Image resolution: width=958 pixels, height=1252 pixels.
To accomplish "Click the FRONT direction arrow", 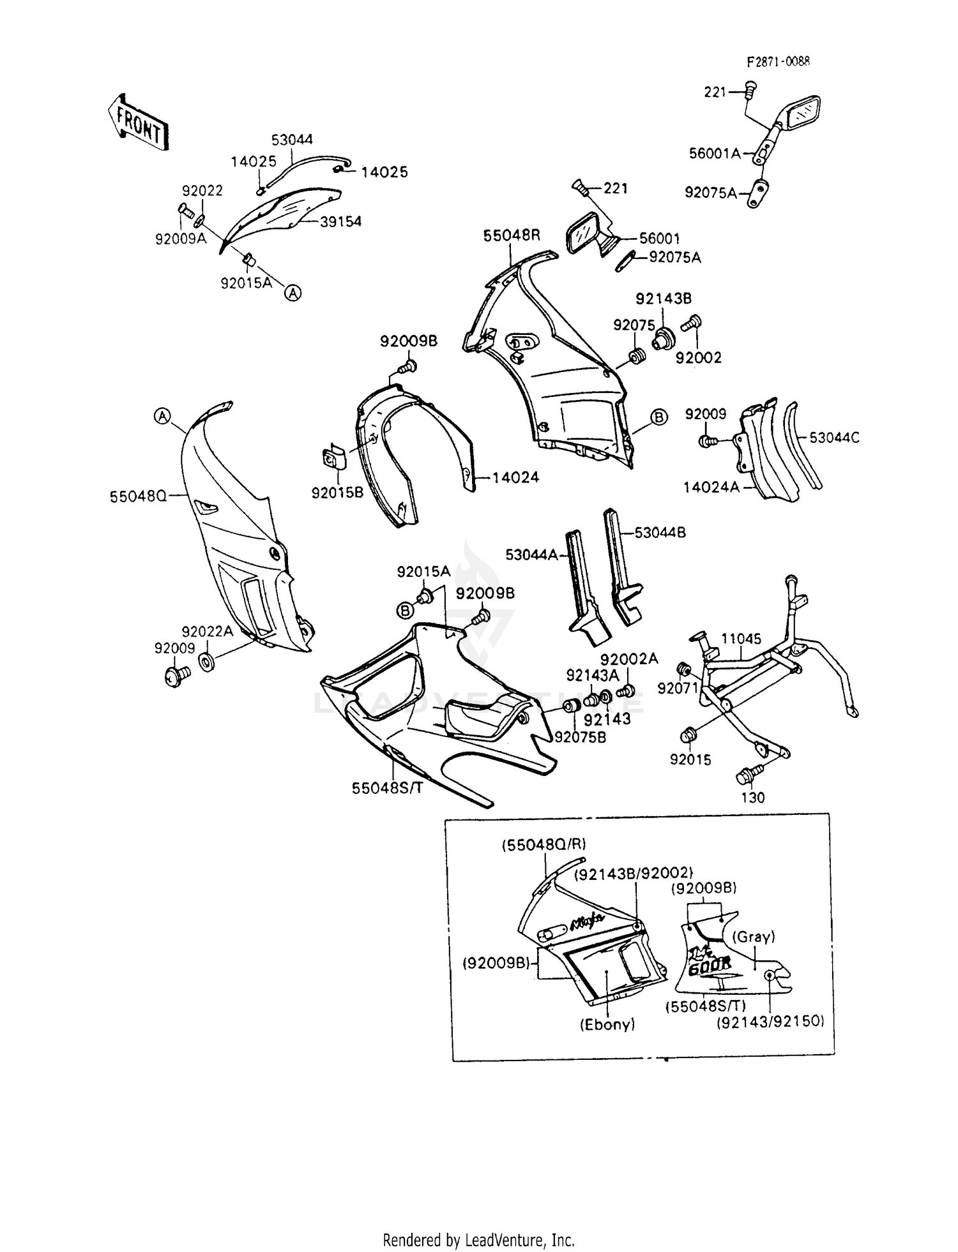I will tap(137, 123).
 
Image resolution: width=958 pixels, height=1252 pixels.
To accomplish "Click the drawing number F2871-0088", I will tap(779, 62).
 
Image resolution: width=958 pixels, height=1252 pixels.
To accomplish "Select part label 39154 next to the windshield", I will tap(340, 221).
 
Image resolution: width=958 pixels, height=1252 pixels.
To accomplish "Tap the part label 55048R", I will tap(511, 235).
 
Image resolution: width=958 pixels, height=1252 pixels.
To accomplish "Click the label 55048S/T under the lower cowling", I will tap(387, 788).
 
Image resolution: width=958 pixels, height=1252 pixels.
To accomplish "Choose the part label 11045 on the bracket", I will tap(741, 639).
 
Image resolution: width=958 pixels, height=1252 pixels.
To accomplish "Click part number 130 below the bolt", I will tap(752, 798).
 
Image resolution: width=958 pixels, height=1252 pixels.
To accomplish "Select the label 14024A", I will tap(711, 488).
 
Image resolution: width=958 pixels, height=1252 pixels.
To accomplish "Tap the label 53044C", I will tap(834, 438).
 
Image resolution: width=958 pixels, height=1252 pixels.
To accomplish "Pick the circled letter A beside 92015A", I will tap(293, 293).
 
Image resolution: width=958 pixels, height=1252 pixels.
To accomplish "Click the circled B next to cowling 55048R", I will tap(658, 417).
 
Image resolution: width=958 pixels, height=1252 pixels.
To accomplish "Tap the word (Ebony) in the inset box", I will tap(607, 1025).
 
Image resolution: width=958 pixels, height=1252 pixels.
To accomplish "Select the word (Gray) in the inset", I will tap(753, 937).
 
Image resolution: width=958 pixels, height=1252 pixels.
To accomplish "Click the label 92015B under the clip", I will tap(337, 493).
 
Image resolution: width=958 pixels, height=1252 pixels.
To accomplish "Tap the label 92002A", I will tap(628, 659).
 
